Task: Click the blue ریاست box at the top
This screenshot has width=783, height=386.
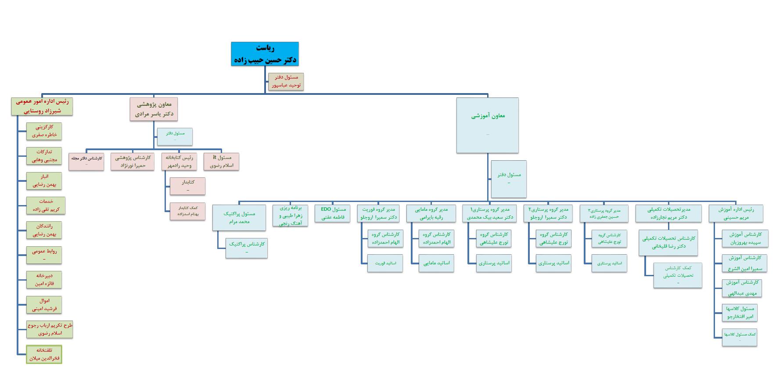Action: point(265,54)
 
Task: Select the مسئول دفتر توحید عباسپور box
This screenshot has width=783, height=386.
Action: point(286,82)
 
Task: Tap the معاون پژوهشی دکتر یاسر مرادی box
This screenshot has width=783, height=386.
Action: point(154,109)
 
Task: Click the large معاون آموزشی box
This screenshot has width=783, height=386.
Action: point(487,125)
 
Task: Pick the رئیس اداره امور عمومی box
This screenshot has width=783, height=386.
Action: point(42,106)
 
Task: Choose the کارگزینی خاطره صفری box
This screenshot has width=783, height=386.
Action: point(44,131)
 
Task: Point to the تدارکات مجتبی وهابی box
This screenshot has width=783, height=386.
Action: point(44,156)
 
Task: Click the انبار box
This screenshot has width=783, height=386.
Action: point(44,180)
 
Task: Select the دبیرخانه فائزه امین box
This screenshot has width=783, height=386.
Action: point(44,280)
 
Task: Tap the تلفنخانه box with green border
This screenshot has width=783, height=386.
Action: point(44,354)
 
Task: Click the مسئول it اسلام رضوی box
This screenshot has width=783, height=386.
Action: point(221,161)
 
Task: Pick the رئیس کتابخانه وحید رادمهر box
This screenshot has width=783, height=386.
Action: point(179,161)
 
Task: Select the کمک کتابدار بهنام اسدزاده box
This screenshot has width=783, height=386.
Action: point(187,211)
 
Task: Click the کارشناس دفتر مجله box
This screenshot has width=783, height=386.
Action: point(86,161)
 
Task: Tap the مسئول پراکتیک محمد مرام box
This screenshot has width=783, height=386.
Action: point(239,217)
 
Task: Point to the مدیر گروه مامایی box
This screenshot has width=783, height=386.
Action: point(431,213)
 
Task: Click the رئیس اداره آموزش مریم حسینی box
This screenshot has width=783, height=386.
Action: point(736,213)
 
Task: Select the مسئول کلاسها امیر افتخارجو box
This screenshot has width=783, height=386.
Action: point(740,312)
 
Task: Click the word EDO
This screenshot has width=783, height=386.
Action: point(326,209)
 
